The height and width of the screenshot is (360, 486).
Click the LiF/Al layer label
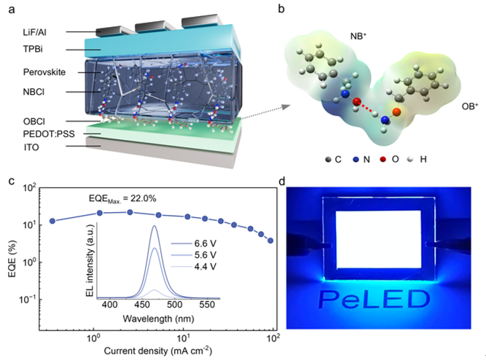point(34,32)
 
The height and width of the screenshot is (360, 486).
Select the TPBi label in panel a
point(33,49)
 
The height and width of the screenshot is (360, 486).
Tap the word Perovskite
point(44,72)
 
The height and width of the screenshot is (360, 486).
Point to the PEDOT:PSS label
point(49,134)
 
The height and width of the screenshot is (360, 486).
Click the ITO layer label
point(31,147)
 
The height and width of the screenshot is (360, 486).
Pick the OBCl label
point(34,121)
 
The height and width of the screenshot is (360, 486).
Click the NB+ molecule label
point(358,36)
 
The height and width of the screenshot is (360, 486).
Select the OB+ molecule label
point(470,106)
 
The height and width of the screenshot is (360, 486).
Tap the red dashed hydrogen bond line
point(367,108)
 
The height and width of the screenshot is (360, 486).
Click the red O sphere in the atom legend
point(383,160)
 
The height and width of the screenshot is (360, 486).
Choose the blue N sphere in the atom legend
point(356,160)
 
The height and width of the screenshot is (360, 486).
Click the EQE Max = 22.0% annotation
point(122,198)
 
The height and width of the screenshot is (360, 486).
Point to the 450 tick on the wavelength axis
point(142,305)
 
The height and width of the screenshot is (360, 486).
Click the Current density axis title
point(158,351)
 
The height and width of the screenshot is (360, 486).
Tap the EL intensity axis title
point(90,261)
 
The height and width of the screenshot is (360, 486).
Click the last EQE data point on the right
point(270,240)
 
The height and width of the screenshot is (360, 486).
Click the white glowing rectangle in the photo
point(378,239)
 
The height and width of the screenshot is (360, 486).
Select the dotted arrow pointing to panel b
point(266,112)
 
